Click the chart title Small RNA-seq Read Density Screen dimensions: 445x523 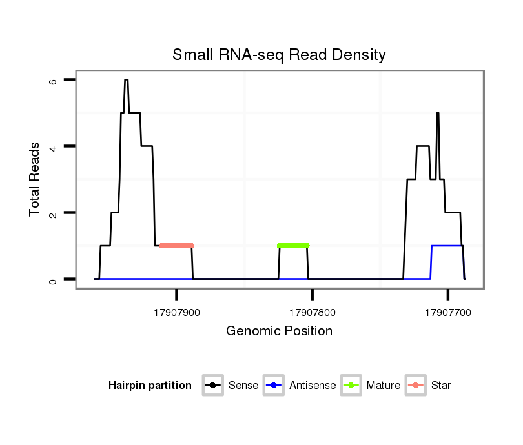279,55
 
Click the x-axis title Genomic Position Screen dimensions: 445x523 279,331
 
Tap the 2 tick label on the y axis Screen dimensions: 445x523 53,213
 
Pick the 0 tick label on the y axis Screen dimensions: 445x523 53,279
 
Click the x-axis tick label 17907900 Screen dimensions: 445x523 177,313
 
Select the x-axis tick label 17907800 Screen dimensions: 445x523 313,313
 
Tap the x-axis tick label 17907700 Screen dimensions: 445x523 448,313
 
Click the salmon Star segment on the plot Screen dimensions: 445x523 176,246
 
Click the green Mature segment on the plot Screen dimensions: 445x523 293,246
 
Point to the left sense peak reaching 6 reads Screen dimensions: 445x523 127,81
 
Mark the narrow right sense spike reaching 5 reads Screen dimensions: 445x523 438,114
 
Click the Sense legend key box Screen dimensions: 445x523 213,386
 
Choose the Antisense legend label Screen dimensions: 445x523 313,386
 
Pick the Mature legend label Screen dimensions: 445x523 384,386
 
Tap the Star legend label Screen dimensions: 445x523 441,386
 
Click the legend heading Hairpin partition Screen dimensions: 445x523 150,386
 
